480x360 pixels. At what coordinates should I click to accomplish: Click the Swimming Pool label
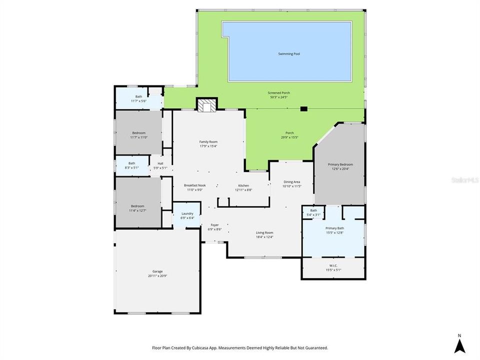[289, 53]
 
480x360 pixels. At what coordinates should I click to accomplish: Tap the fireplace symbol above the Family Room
[206, 105]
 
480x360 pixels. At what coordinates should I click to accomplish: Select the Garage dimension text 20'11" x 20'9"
[158, 276]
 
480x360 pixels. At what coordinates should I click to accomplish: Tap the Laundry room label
[187, 213]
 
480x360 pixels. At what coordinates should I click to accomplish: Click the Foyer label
[214, 225]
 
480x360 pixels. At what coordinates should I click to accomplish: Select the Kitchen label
[243, 185]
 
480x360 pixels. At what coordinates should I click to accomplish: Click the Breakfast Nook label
[194, 185]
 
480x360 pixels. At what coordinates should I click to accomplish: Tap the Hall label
[160, 163]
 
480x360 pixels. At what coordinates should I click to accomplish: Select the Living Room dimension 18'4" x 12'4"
[264, 236]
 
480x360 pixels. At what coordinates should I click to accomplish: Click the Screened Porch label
[279, 92]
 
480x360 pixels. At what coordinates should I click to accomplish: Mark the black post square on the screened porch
[303, 108]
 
